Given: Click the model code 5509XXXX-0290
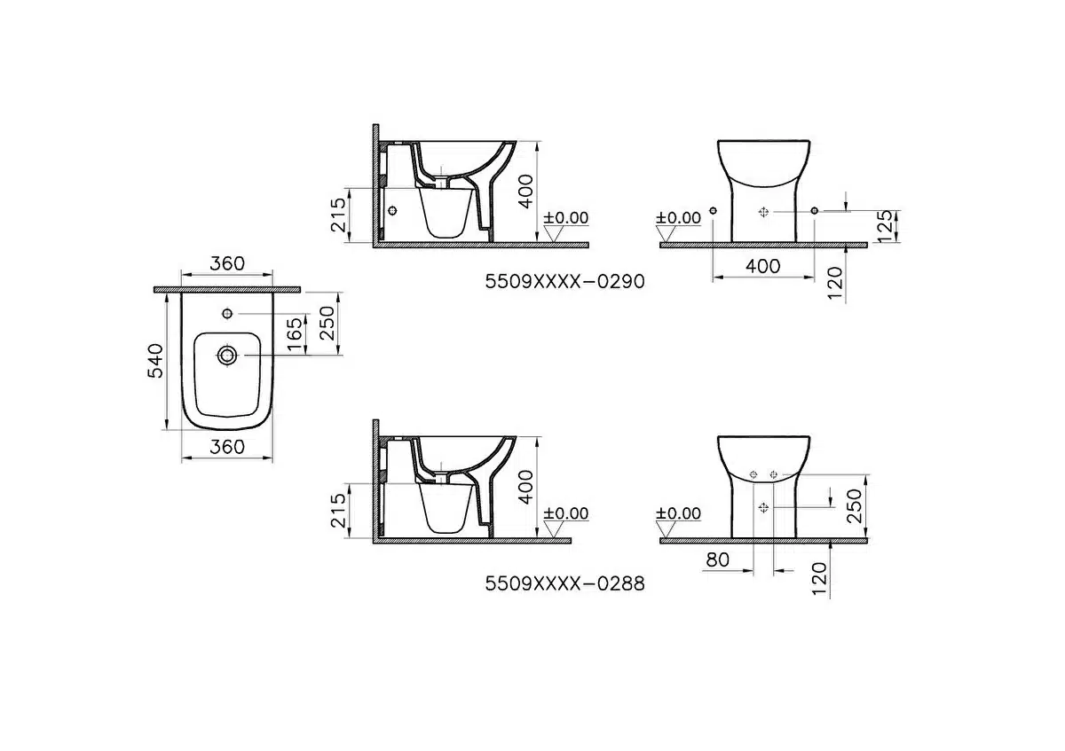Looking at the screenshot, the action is [x=564, y=282].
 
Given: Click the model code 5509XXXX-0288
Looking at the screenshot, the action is [x=564, y=583].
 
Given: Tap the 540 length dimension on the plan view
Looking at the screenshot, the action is [x=155, y=361].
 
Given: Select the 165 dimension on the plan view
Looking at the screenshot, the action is [x=295, y=334].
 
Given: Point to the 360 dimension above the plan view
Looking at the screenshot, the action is [x=227, y=263].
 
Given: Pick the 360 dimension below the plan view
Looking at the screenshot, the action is [x=227, y=447].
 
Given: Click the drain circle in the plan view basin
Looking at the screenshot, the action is [x=227, y=356].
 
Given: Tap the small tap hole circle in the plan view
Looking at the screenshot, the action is [x=227, y=314].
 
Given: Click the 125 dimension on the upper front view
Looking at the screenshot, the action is [x=885, y=227].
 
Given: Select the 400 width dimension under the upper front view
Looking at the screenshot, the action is [x=763, y=266].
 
